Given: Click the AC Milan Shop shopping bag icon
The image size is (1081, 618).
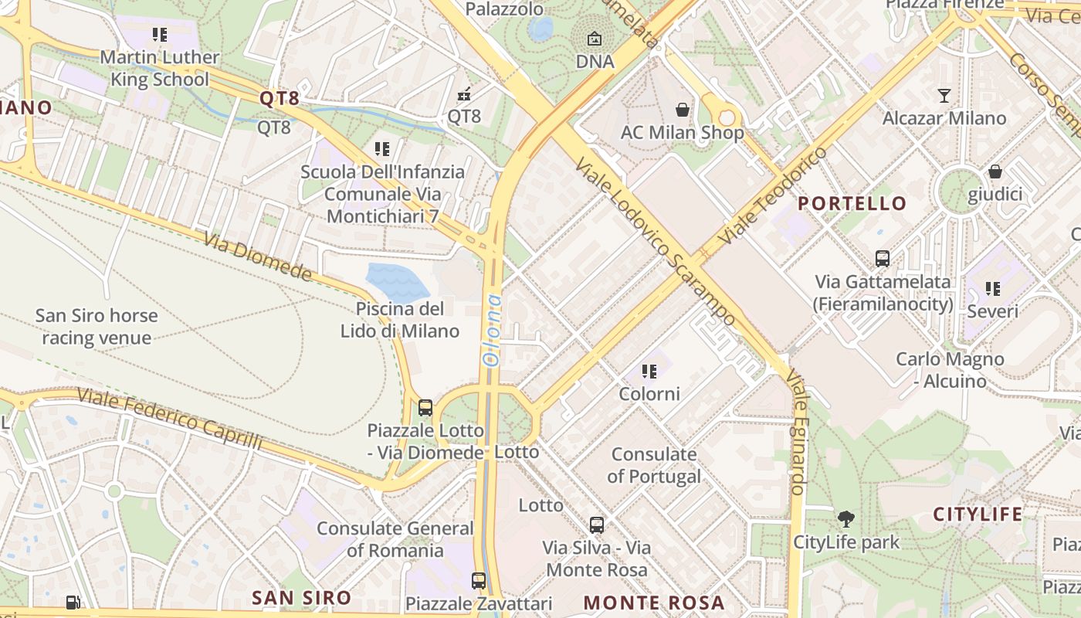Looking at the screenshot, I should (x=683, y=110).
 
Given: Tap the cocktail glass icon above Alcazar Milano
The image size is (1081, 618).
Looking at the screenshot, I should (x=944, y=96).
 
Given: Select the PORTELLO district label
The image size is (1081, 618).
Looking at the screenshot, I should (x=852, y=203).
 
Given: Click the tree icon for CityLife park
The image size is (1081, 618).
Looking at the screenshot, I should (x=846, y=519).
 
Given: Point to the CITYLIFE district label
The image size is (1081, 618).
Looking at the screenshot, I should (x=978, y=514).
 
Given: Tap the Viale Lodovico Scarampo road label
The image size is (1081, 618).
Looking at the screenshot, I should (x=656, y=243).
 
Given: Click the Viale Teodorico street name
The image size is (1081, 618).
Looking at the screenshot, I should (x=773, y=196).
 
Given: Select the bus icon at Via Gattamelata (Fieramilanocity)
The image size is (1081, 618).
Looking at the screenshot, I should (x=883, y=259).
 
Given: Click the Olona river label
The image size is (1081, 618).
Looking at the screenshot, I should (x=491, y=330).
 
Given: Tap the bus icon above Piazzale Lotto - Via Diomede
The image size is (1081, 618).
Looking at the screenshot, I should (x=425, y=408).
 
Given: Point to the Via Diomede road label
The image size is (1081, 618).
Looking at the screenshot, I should (x=258, y=257).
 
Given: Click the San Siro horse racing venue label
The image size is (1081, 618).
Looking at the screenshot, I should (x=97, y=327).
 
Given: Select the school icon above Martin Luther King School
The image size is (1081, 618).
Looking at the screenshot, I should (x=160, y=35).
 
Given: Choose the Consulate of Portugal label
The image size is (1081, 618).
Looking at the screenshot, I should (x=654, y=465).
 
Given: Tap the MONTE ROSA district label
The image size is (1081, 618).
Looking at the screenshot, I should (x=653, y=603).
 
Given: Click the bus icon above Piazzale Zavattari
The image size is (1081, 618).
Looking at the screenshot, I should (x=479, y=581).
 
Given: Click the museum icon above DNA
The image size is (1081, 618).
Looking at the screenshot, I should (x=595, y=39).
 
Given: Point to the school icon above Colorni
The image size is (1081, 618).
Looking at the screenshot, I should (x=649, y=372).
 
